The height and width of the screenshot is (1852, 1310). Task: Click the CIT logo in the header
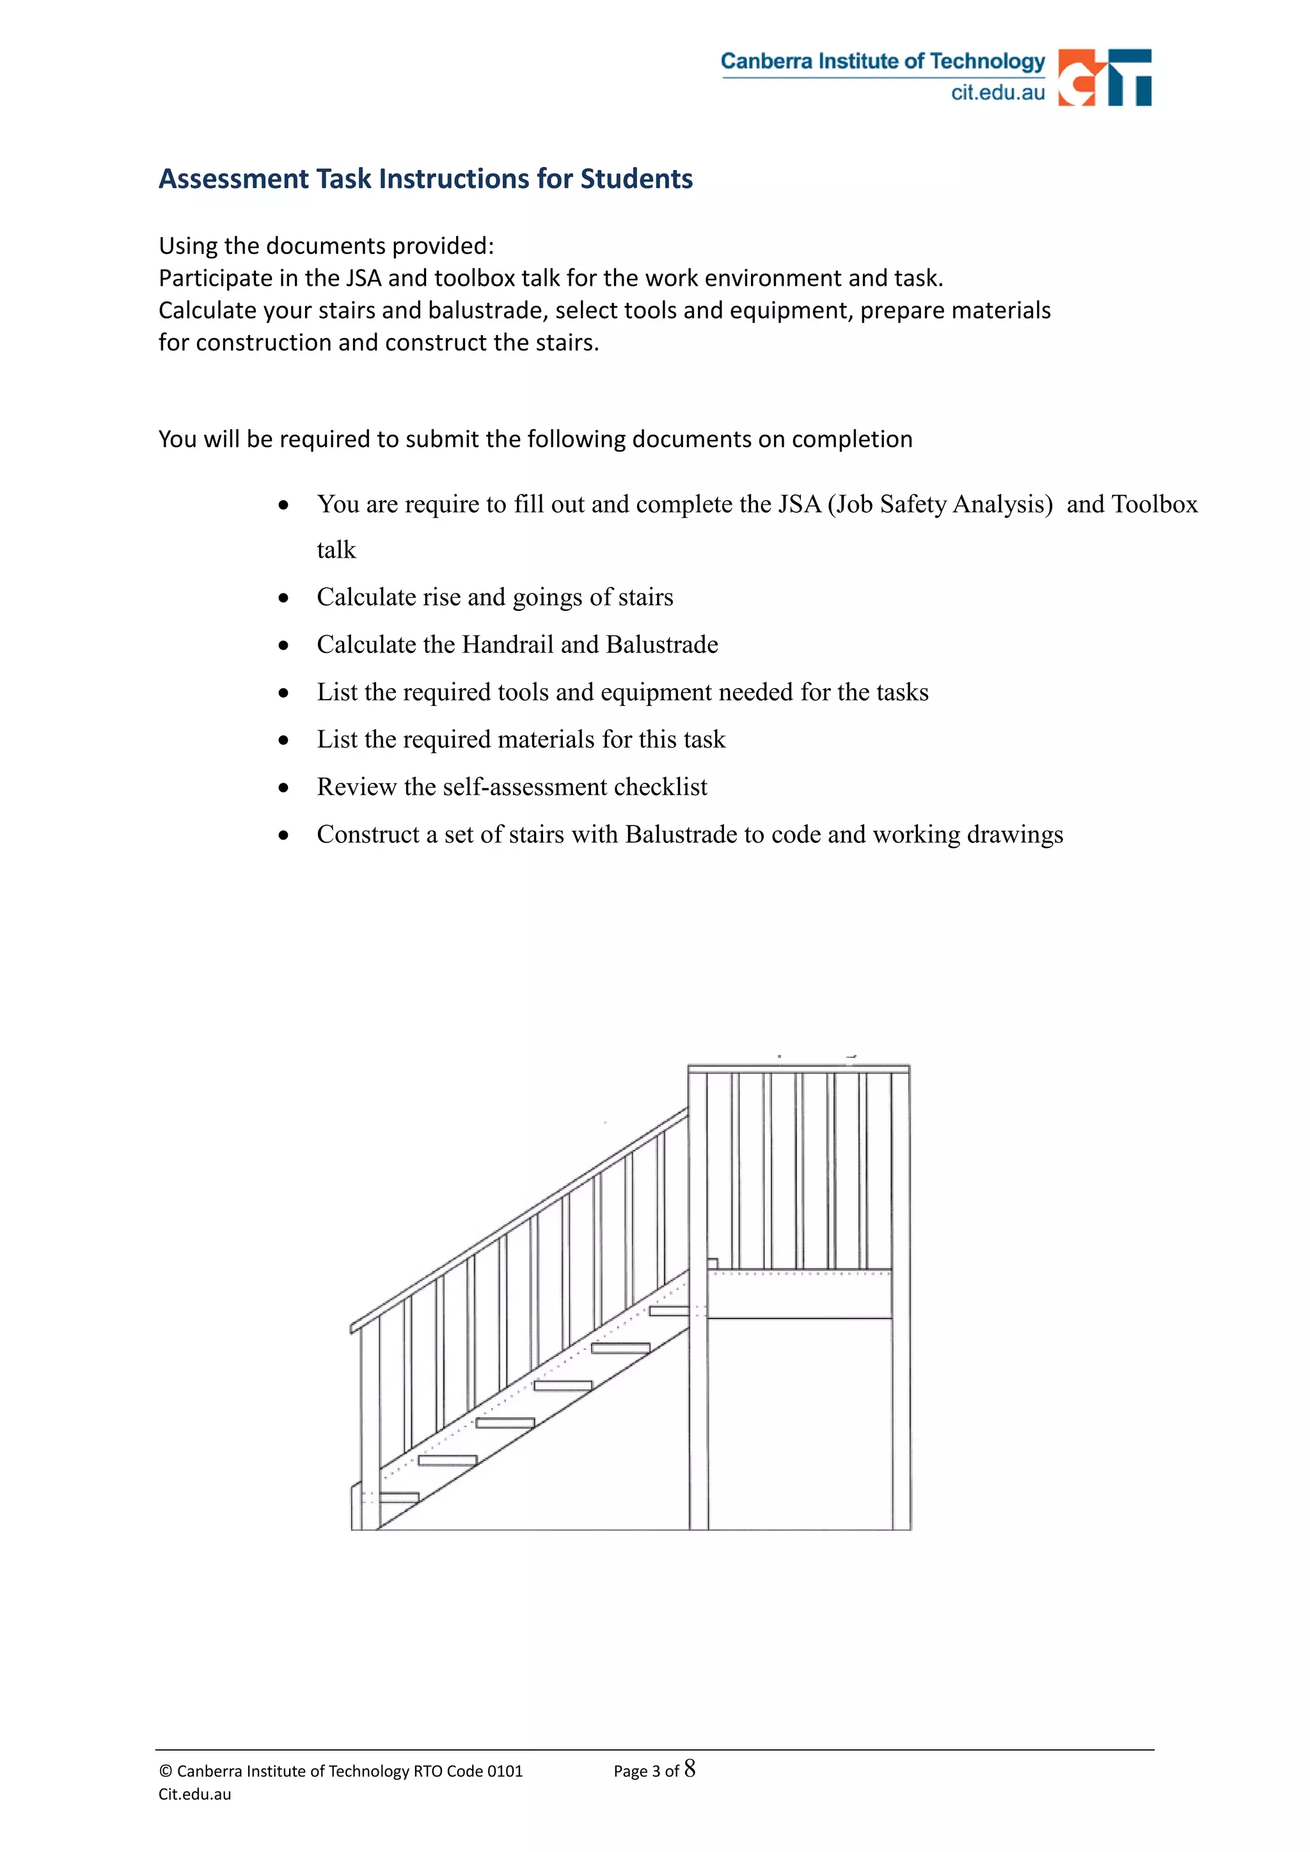pos(1103,77)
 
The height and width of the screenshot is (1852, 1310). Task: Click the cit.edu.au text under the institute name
pos(997,93)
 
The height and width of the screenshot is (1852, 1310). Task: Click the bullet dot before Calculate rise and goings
pos(283,598)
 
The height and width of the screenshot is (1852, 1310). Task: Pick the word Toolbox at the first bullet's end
pos(1155,504)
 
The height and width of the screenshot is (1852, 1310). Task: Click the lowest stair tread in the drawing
pos(398,1498)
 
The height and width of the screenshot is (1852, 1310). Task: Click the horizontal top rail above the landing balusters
pos(798,1069)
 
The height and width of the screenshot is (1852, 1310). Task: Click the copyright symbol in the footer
pos(166,1771)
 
